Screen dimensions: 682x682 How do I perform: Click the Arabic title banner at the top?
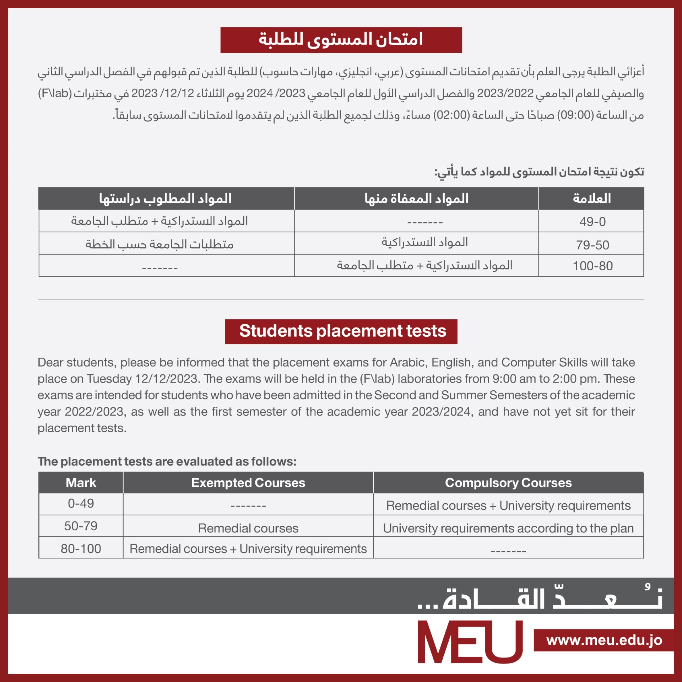(x=341, y=40)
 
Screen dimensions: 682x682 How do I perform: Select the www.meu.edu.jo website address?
(x=604, y=640)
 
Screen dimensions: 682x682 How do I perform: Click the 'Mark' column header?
(x=81, y=483)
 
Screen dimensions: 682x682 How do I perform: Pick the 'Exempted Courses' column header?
(x=248, y=483)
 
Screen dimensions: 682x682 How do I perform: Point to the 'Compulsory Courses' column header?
(x=508, y=483)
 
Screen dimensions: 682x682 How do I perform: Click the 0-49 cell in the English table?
(x=81, y=503)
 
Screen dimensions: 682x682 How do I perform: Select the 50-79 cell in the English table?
(x=81, y=526)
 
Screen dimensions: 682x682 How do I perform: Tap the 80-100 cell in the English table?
(x=81, y=548)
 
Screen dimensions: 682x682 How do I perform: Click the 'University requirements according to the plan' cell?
(x=508, y=528)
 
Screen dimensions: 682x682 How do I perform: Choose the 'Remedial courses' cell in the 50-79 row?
(x=248, y=528)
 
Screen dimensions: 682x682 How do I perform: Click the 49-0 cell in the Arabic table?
(x=592, y=221)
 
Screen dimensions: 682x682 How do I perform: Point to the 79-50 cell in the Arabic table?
(x=592, y=245)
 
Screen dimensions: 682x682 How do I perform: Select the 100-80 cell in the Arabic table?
(x=592, y=266)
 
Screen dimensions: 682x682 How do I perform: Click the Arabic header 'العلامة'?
(x=592, y=199)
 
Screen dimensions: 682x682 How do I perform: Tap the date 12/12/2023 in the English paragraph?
(x=166, y=379)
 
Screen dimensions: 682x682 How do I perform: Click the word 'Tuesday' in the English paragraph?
(x=109, y=379)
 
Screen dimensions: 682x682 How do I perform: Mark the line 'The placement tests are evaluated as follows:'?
(x=167, y=461)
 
